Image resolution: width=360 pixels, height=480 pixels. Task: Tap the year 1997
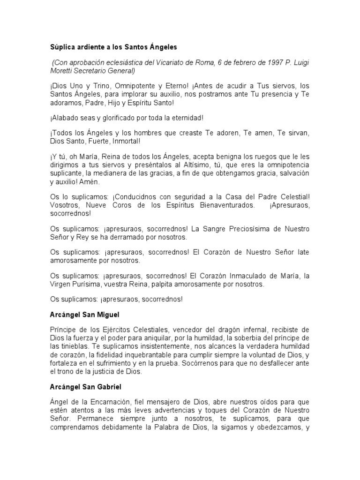(267, 63)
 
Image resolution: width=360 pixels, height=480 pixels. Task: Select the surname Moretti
(63, 71)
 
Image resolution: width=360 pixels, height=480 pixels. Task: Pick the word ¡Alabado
(65, 117)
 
